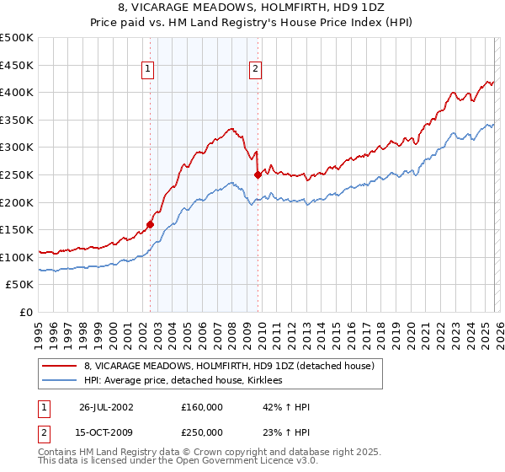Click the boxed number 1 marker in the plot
point(148,70)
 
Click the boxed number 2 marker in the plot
point(255,70)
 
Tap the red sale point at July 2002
point(151,224)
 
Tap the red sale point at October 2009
point(258,175)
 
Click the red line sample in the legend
point(60,366)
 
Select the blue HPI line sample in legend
point(60,380)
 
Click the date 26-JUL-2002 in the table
point(107,407)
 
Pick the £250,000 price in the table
point(202,432)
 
